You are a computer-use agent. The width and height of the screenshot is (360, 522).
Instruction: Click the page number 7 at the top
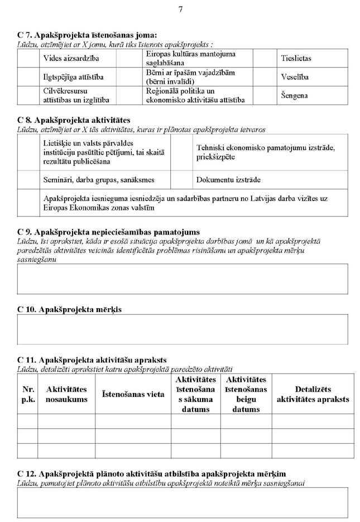pos(180,9)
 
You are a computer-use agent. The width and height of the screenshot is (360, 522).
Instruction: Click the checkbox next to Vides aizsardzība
pos(28,58)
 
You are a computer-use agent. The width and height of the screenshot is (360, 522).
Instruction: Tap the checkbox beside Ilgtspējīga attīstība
pos(28,76)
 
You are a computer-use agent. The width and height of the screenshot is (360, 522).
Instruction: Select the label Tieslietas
pos(295,58)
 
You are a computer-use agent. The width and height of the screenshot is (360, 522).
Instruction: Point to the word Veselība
pos(295,76)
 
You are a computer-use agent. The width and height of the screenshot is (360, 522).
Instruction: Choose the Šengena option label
pos(294,95)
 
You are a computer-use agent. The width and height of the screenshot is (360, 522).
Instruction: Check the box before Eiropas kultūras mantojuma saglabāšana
pos(129,58)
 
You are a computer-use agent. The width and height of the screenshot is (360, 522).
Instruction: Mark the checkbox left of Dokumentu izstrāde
pos(181,180)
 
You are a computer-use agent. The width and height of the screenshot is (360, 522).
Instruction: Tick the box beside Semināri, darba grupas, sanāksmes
pos(28,180)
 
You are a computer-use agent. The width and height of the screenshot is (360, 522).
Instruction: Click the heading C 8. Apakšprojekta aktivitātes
pos(74,120)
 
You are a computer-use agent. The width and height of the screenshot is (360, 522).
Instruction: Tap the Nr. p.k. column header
pos(28,394)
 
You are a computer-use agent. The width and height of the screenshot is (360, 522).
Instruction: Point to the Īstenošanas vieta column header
pos(133,394)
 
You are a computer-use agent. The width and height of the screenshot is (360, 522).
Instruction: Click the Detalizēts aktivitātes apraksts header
pos(313,394)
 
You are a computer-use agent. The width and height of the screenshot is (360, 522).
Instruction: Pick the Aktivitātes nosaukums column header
pos(66,394)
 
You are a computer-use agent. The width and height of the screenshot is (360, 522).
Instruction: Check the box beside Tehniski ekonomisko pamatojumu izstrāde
pos(181,152)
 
